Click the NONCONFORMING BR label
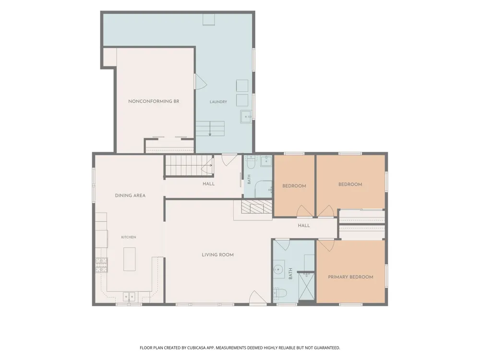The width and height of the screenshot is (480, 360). [154, 101]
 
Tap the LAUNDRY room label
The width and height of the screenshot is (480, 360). [218, 102]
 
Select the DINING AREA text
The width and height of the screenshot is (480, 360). [130, 196]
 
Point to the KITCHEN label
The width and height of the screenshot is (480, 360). [129, 237]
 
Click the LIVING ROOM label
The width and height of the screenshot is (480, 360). [217, 255]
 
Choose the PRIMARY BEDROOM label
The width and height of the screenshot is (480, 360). [350, 277]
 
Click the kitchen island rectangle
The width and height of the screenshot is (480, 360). [130, 259]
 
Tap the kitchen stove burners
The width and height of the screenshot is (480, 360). [102, 265]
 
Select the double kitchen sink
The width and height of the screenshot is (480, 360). [129, 297]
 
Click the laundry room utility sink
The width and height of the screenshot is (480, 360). [246, 117]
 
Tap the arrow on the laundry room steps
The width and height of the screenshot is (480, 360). [210, 129]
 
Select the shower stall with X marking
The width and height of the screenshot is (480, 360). [306, 287]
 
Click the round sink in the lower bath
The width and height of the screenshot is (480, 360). [279, 269]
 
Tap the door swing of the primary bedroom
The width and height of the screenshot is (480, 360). [326, 245]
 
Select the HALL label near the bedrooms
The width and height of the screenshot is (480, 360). [304, 226]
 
